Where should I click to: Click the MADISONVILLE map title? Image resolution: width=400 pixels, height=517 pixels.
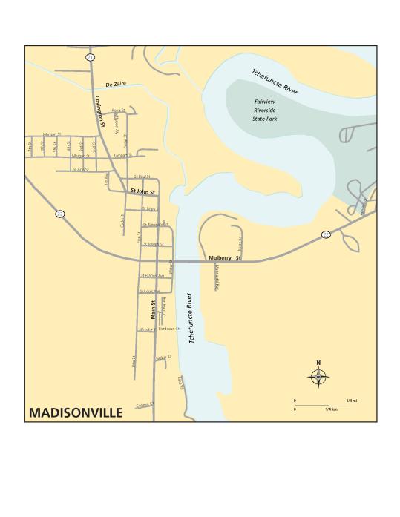pyautogui.click(x=76, y=412)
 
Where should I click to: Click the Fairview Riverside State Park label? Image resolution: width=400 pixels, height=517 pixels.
pyautogui.click(x=265, y=109)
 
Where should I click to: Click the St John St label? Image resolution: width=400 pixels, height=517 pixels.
pyautogui.click(x=142, y=191)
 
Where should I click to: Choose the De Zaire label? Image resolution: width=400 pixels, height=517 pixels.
pyautogui.click(x=117, y=84)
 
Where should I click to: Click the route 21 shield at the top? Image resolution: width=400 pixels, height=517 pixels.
pyautogui.click(x=90, y=56)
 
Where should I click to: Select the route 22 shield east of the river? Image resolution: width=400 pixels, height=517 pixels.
pyautogui.click(x=326, y=234)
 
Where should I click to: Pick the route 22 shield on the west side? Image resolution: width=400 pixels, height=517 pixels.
pyautogui.click(x=59, y=214)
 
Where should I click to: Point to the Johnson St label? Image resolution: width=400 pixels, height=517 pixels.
pyautogui.click(x=50, y=134)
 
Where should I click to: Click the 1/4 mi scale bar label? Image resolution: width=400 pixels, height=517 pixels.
pyautogui.click(x=351, y=401)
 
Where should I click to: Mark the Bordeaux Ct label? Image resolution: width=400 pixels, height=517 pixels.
pyautogui.click(x=169, y=328)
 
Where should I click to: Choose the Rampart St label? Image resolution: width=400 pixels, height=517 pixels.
pyautogui.click(x=122, y=156)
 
